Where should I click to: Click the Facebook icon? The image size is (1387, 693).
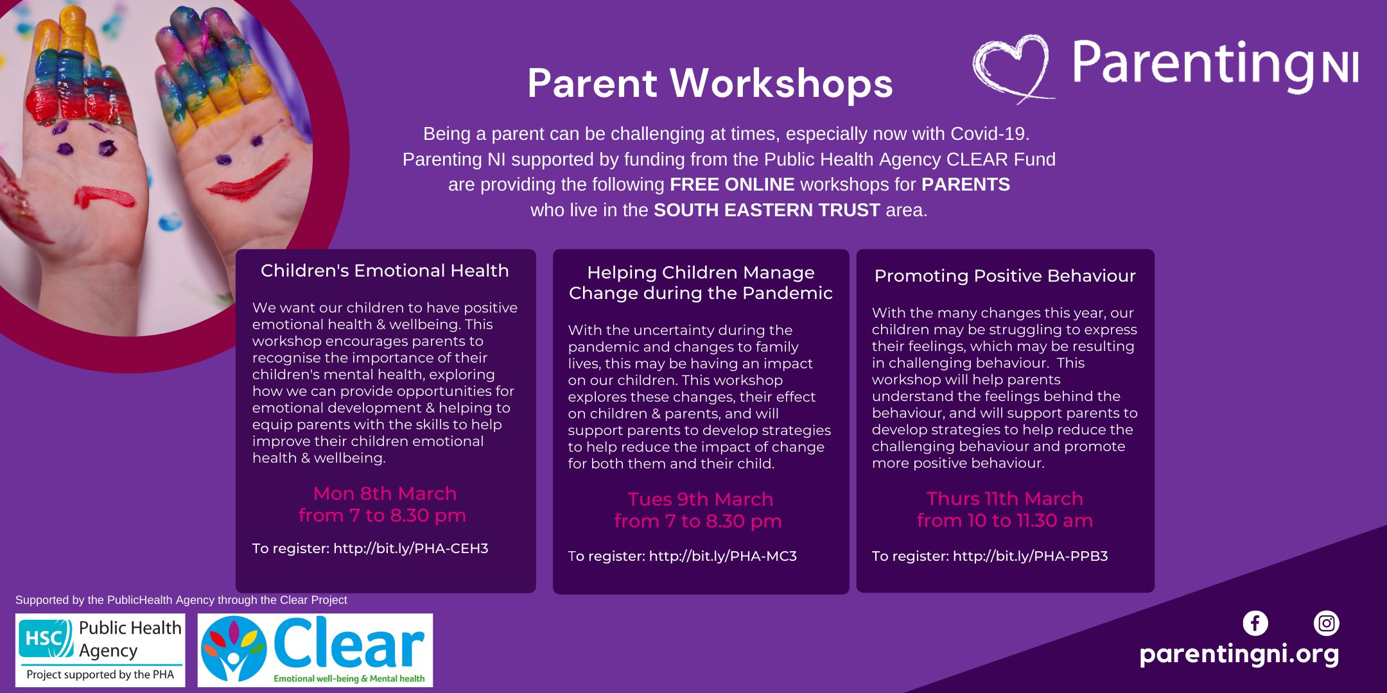point(1255,623)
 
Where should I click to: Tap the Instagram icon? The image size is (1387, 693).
point(1327,623)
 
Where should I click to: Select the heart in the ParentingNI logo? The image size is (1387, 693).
point(1013,67)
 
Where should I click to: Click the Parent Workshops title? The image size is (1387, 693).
point(710,83)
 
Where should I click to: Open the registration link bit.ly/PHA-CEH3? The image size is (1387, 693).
point(411,549)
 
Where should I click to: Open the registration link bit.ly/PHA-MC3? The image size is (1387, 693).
point(723,556)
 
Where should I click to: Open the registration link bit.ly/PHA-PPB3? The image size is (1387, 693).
point(1030,556)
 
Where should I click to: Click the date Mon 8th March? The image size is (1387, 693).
point(385,493)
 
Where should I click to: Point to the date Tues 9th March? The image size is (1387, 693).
point(701,499)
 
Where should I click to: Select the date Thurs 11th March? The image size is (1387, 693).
point(1005,499)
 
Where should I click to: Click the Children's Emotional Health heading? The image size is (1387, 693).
point(385,271)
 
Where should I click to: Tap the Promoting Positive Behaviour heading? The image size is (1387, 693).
point(1005,277)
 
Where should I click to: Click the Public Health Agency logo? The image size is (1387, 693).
point(100,650)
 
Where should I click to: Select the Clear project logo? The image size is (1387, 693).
point(315,650)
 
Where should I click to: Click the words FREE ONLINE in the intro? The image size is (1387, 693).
point(732,185)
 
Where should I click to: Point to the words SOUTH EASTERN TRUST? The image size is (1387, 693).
point(767,210)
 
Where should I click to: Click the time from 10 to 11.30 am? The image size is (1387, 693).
point(1005,520)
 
